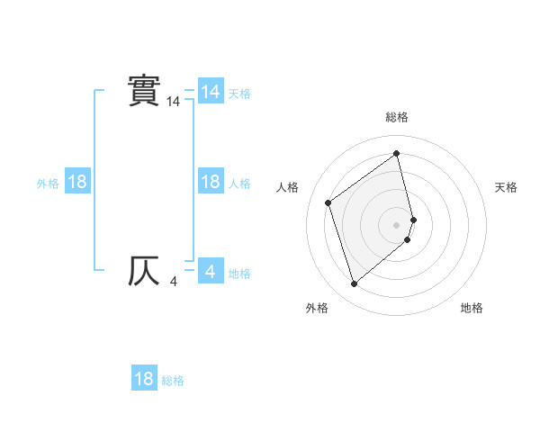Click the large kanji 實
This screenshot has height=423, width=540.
144,91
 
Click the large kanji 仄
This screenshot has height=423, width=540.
144,271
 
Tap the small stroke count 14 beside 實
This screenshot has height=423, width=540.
174,103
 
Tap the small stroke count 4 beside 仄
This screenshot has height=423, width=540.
174,283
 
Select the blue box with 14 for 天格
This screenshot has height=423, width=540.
211,92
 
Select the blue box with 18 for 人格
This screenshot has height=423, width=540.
211,182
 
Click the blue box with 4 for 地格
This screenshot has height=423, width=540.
211,271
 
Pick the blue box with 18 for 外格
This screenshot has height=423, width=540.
77,182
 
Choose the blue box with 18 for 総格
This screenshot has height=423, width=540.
144,379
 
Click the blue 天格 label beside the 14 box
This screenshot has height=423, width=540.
239,94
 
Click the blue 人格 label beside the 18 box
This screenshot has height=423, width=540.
239,184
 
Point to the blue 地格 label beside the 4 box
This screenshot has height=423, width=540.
239,274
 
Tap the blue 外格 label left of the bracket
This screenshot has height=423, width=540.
48,184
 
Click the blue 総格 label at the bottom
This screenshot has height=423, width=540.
173,381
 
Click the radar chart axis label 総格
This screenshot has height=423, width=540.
397,117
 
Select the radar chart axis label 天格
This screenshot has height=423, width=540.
507,187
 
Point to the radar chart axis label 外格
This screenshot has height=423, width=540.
317,308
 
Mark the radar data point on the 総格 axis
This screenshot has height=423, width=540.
397,154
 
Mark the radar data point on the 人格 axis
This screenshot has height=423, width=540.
328,202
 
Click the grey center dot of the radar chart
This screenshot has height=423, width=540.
397,224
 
